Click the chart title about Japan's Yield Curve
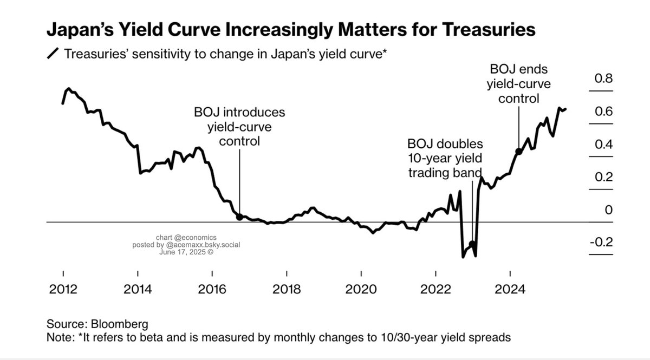click(x=291, y=30)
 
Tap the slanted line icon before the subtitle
click(x=54, y=54)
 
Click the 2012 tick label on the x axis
click(x=63, y=289)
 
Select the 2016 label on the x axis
click(x=212, y=289)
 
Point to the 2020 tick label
click(x=361, y=289)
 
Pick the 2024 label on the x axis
click(x=510, y=289)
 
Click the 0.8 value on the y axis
click(x=603, y=79)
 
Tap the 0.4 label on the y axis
click(x=603, y=145)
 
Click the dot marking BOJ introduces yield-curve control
click(x=239, y=217)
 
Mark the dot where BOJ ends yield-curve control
click(x=518, y=152)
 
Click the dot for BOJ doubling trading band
click(x=472, y=244)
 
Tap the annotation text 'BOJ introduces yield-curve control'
click(x=239, y=127)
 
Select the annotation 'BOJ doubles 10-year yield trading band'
click(x=445, y=159)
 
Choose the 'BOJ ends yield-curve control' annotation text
click(x=518, y=84)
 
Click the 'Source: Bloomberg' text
click(x=97, y=324)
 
